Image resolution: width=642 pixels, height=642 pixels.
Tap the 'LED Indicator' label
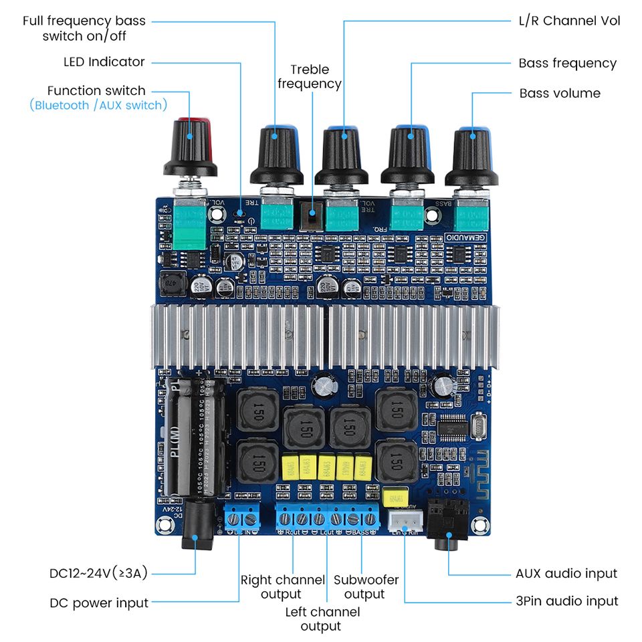104,62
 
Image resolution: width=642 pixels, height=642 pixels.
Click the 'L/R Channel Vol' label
570,21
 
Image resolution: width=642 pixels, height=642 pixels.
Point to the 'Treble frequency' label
309,76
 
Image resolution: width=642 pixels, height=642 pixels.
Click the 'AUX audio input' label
566,573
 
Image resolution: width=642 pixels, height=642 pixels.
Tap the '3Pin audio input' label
567,601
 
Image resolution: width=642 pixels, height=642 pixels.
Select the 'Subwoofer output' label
366,586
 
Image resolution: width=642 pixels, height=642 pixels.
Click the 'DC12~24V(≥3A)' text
98,573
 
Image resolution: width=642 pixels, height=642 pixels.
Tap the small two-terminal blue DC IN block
241,517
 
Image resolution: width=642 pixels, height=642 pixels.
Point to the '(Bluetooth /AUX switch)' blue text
98,105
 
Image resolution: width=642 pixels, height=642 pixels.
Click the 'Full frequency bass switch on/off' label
84,28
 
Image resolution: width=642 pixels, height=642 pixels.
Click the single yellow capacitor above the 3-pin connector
396,496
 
